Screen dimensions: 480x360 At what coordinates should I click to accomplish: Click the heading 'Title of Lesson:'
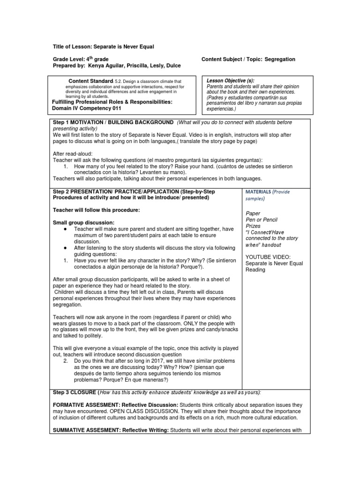(72, 47)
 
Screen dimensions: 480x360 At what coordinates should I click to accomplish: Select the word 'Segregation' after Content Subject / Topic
(280, 60)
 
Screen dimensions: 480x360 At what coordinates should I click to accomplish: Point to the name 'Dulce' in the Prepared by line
(172, 66)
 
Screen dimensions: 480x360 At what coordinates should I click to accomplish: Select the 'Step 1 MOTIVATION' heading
(79, 122)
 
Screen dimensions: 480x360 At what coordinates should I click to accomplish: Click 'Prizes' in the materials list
(253, 226)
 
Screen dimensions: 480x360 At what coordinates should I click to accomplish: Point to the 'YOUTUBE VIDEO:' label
(267, 256)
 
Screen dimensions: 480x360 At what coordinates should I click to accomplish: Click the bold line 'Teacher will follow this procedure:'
(96, 210)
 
